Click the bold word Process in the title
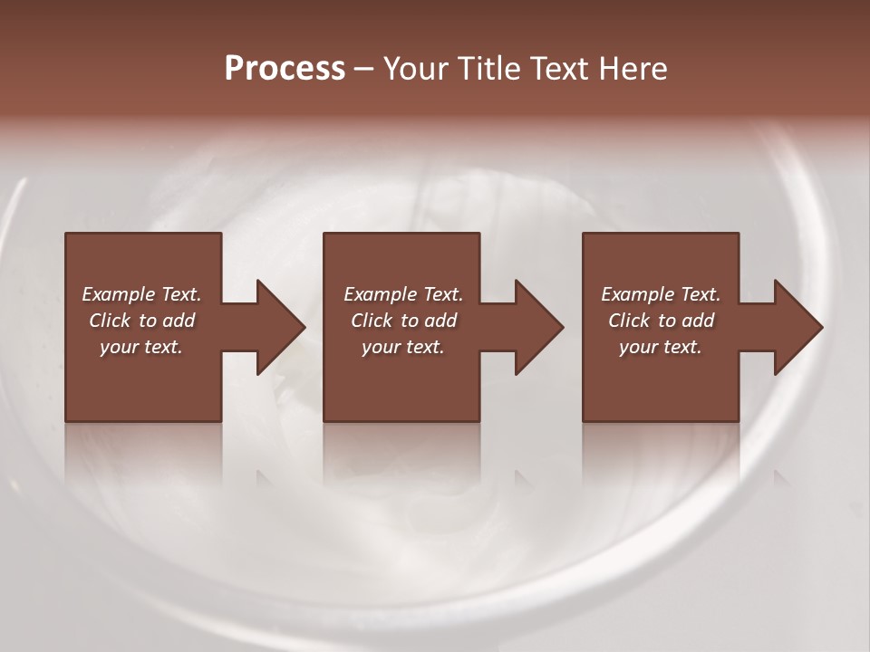285,69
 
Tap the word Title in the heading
488,69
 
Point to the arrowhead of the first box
276,327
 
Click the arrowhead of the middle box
536,327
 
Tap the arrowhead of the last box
795,327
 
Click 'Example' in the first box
119,294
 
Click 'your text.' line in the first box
141,347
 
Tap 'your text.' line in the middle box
402,347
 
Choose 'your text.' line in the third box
661,347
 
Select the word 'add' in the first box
179,321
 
